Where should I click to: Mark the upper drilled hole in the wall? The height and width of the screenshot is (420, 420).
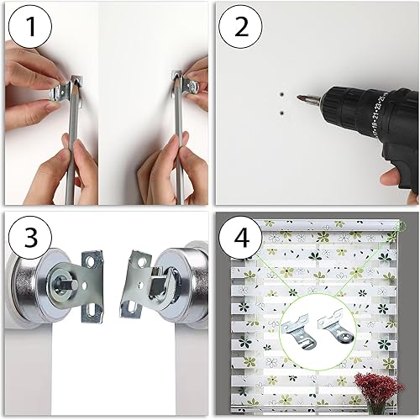pyautogui.click(x=283, y=94)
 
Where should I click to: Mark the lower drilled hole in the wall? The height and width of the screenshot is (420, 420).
pyautogui.click(x=283, y=109)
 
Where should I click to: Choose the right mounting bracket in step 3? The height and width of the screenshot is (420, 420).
pyautogui.click(x=137, y=286)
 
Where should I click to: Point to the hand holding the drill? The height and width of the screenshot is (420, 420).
pyautogui.click(x=402, y=172)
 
